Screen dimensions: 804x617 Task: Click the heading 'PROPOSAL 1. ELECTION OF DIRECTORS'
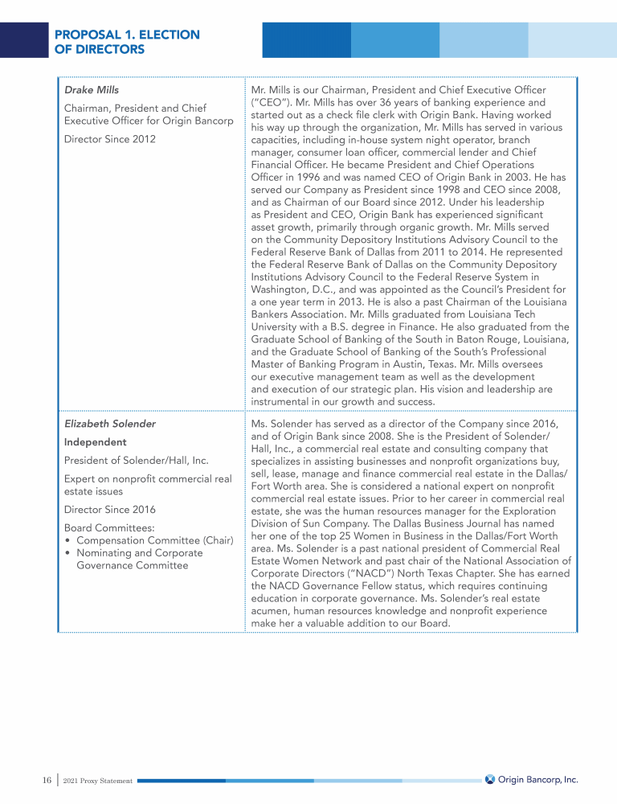pyautogui.click(x=127, y=42)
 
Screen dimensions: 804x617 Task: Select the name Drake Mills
pyautogui.click(x=92, y=90)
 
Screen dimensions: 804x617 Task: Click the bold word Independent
pyautogui.click(x=96, y=442)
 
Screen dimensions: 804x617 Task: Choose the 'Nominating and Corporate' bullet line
pyautogui.click(x=139, y=553)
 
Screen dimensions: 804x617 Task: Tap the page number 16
pyautogui.click(x=47, y=780)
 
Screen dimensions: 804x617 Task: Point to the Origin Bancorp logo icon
pyautogui.click(x=489, y=779)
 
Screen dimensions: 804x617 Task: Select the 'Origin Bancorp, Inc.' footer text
pyautogui.click(x=537, y=779)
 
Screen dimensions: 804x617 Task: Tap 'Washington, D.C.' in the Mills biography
pyautogui.click(x=294, y=288)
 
